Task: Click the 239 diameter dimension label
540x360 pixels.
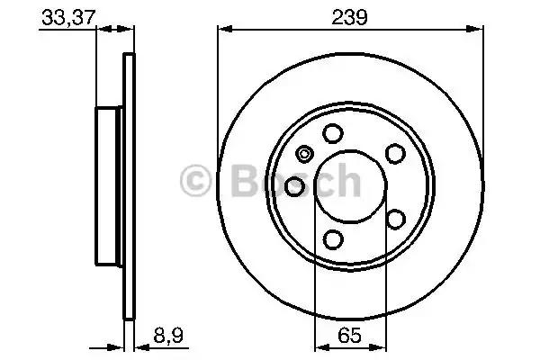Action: click(349, 17)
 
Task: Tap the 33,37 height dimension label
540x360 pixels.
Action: click(68, 17)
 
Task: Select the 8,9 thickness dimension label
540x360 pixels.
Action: click(168, 335)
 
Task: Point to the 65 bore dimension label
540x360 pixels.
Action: click(349, 335)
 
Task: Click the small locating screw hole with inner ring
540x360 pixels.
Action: click(304, 154)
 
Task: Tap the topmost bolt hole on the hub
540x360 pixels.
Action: click(333, 133)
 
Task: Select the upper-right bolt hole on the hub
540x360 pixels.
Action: click(395, 154)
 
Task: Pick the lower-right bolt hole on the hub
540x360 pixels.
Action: click(395, 219)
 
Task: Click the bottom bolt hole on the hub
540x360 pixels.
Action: click(333, 239)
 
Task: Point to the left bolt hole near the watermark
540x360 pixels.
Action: click(295, 186)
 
